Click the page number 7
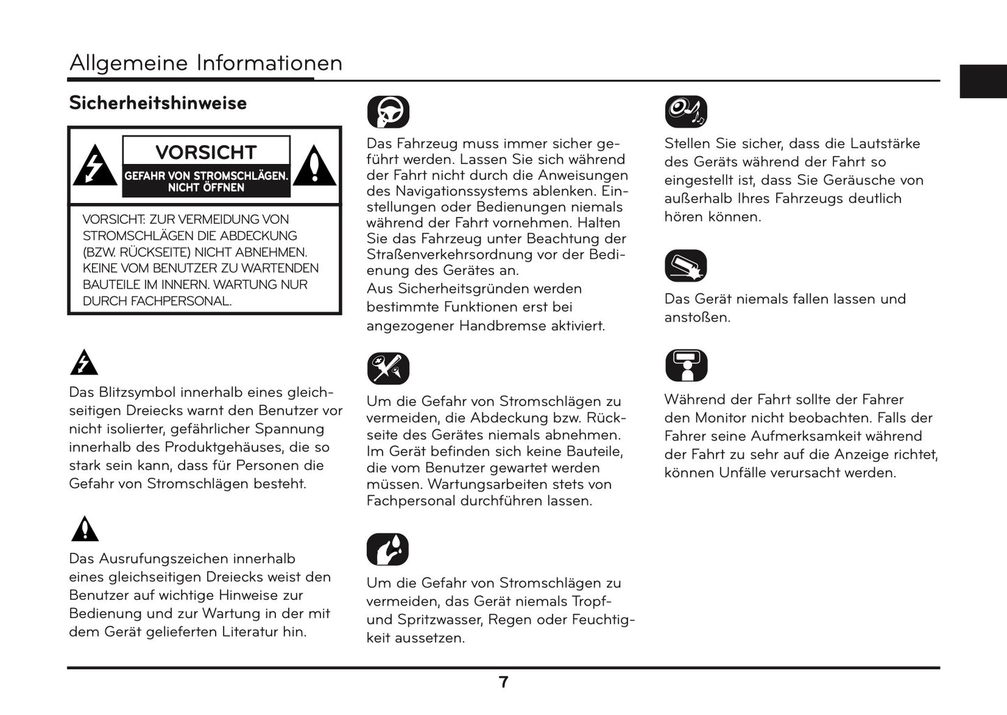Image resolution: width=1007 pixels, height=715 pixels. (x=504, y=682)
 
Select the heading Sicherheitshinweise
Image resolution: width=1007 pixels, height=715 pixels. (x=157, y=103)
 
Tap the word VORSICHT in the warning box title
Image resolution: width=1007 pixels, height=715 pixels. (x=206, y=152)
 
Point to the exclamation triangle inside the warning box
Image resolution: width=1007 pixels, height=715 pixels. (x=314, y=167)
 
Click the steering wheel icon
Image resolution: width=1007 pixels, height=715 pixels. (x=388, y=112)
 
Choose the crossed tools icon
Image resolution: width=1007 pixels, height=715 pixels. (x=388, y=368)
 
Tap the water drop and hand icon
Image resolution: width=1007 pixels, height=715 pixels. (x=387, y=550)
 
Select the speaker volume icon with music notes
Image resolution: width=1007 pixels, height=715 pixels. (x=686, y=112)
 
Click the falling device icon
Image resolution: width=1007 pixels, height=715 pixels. (x=686, y=266)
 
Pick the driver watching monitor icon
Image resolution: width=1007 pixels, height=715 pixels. (x=686, y=366)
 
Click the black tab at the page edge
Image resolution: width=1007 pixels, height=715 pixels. (x=983, y=81)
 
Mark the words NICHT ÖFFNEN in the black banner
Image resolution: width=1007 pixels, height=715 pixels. (x=206, y=188)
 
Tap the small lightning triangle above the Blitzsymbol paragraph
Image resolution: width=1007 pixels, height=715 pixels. (x=84, y=363)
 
